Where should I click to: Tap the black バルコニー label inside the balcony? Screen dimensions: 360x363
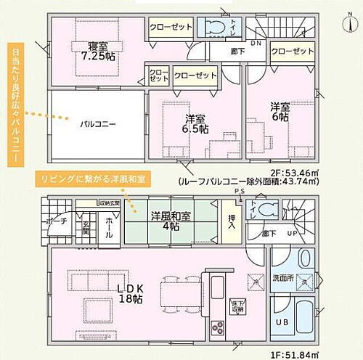98,124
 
